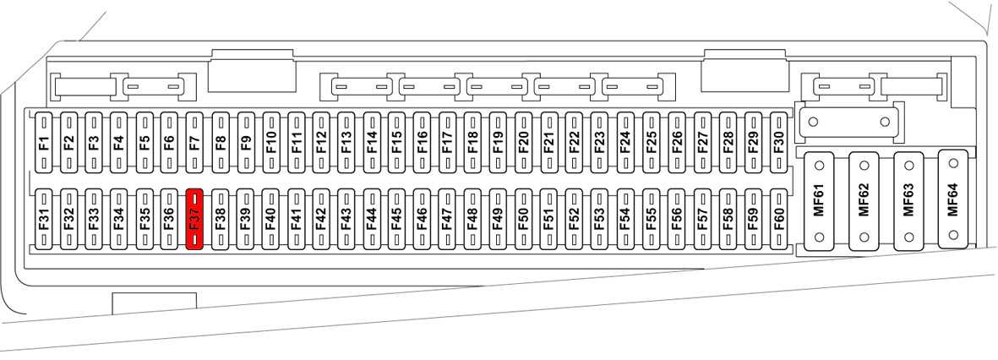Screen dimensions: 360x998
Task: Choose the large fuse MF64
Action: [x=952, y=199]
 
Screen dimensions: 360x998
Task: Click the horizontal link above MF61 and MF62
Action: [x=848, y=122]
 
